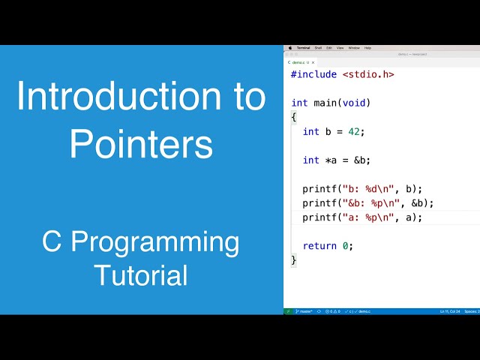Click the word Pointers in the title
pos(140,142)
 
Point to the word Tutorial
pos(140,274)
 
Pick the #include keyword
pos(313,74)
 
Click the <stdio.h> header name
pos(368,74)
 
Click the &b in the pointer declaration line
pos(363,160)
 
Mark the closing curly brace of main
pos(294,260)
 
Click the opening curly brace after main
pos(294,117)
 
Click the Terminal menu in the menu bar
pos(303,47)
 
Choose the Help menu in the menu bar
pos(367,47)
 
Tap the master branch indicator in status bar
pos(304,310)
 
